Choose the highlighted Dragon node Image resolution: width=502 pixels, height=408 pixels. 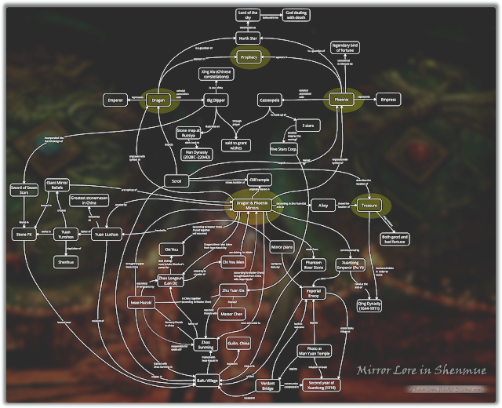tap(157, 100)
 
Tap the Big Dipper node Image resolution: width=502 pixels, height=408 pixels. tap(199, 100)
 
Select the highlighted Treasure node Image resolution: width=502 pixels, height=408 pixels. tap(369, 206)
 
